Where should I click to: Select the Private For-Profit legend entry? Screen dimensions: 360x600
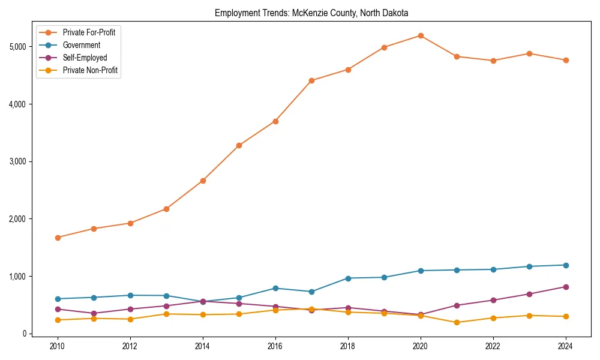(x=89, y=32)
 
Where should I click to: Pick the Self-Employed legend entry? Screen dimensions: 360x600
(x=85, y=58)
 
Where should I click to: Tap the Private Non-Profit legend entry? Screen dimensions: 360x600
(x=90, y=70)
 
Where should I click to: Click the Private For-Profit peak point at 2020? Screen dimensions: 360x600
(x=421, y=35)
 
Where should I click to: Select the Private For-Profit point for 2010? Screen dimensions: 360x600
(x=58, y=238)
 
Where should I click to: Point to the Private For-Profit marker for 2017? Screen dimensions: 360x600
(x=311, y=80)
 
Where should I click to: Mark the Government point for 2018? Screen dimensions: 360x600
(x=348, y=278)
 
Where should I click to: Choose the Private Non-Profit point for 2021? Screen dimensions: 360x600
(x=457, y=322)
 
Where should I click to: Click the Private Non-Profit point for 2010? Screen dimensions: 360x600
(x=58, y=320)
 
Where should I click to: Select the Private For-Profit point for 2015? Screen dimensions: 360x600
(x=239, y=145)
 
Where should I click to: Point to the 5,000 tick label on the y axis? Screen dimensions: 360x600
(x=17, y=47)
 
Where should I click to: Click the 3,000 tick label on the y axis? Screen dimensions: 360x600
(x=17, y=161)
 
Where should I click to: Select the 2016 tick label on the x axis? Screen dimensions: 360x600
(x=275, y=346)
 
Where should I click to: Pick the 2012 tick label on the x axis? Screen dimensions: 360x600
(x=130, y=346)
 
